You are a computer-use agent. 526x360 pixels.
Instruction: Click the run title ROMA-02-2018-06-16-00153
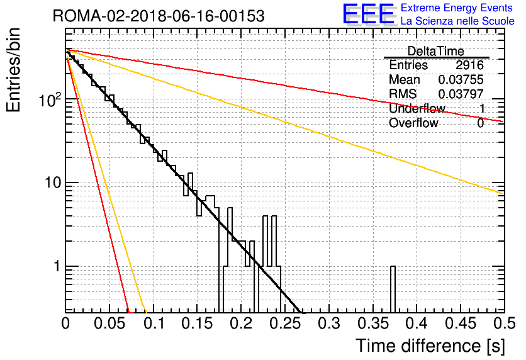pos(159,16)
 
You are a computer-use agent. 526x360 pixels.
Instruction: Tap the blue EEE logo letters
pos(369,14)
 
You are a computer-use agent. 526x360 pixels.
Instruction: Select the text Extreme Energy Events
pos(457,8)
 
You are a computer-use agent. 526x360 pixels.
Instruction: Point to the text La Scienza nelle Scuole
pos(457,21)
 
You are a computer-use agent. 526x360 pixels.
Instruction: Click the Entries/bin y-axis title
pos(13,70)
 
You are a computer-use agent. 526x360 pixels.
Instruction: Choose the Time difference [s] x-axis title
pos(430,346)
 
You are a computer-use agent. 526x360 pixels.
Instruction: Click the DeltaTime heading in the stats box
pos(435,51)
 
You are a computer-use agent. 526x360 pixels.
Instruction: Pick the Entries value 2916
pos(469,65)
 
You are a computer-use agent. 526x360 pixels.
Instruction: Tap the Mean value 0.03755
pos(461,79)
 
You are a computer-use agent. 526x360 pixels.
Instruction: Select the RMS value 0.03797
pos(461,94)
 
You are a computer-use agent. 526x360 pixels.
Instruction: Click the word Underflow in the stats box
pos(417,108)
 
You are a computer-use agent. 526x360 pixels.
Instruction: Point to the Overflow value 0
pos(481,123)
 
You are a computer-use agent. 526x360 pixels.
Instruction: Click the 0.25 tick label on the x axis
pos(285,323)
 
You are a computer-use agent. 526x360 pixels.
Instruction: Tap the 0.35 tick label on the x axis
pos(373,323)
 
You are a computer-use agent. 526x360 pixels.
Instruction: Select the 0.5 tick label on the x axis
pos(504,323)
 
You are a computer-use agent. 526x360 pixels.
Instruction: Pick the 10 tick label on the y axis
pos(53,183)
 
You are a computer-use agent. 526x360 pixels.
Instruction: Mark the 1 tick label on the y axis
pos(57,266)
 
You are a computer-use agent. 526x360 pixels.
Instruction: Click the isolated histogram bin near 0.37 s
pos(393,290)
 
